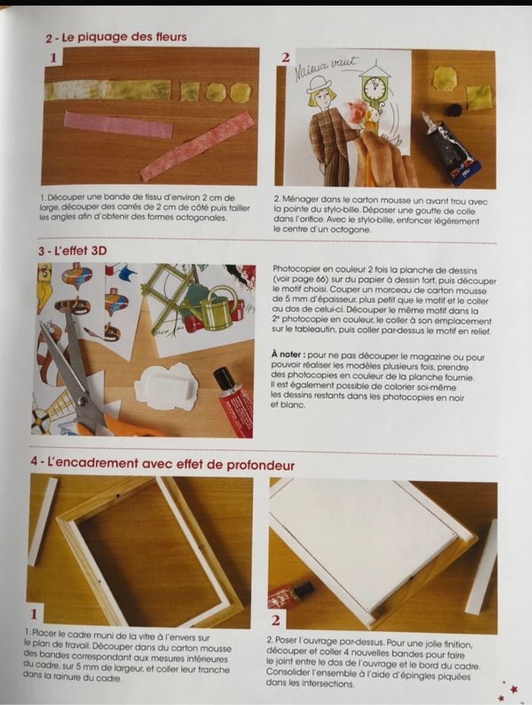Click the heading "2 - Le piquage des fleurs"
[x=116, y=36]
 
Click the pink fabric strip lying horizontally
[x=118, y=125]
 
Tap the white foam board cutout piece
[x=166, y=386]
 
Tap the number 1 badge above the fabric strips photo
[x=53, y=57]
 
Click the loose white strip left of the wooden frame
[x=43, y=520]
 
